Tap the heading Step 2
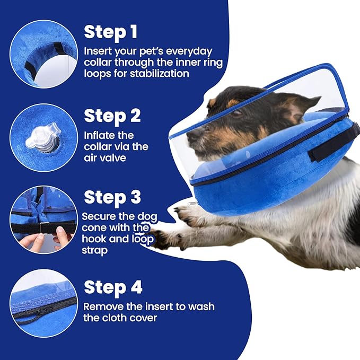click(x=112, y=116)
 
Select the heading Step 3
click(x=112, y=197)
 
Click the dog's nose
click(x=190, y=134)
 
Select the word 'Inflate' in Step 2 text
click(x=100, y=136)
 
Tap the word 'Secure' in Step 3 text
click(x=99, y=216)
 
